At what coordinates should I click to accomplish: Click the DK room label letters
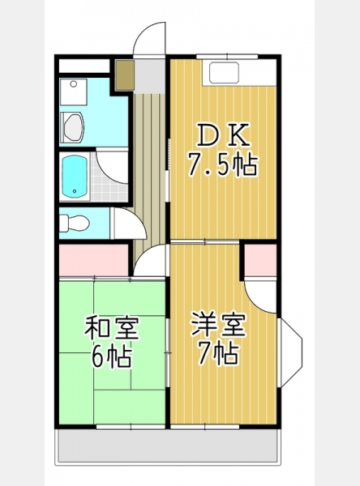[224, 134]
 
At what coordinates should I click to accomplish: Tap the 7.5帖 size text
[222, 164]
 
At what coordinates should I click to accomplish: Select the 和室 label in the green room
[112, 327]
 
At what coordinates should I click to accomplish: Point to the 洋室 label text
[219, 325]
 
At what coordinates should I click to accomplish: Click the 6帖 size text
[111, 357]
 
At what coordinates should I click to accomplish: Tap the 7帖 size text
[218, 353]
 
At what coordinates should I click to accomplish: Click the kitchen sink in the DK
[225, 73]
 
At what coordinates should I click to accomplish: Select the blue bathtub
[74, 176]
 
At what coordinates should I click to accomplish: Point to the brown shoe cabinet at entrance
[125, 75]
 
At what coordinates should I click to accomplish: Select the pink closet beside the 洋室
[260, 260]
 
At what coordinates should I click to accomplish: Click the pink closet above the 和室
[94, 260]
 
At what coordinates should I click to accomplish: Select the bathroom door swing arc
[113, 167]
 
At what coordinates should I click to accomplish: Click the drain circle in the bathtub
[75, 191]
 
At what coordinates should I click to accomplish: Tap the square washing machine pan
[73, 92]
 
